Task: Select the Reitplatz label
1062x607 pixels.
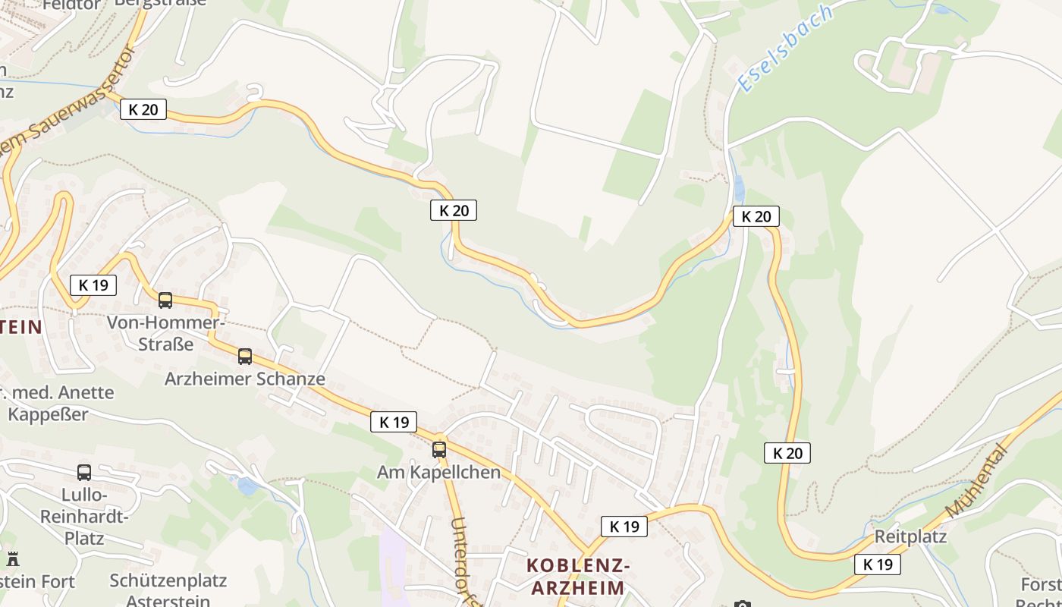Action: (x=910, y=536)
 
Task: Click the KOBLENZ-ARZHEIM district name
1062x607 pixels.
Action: (x=577, y=577)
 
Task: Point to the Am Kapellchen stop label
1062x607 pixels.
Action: (x=438, y=472)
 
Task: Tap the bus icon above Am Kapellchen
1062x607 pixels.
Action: (x=439, y=450)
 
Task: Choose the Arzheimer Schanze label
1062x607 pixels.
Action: (x=244, y=379)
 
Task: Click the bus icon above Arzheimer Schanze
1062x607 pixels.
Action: (x=245, y=357)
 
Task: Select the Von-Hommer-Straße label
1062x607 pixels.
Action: (x=165, y=333)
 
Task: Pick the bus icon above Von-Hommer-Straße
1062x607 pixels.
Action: (x=165, y=300)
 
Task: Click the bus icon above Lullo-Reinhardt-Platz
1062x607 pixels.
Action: (x=84, y=473)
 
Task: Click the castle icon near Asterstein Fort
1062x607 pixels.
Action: (x=13, y=559)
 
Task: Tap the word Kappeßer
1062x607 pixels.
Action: (x=48, y=414)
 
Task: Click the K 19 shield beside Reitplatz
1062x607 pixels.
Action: (x=878, y=565)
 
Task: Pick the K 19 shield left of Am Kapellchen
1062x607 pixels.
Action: (x=394, y=423)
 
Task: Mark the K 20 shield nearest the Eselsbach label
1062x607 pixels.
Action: (x=756, y=216)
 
